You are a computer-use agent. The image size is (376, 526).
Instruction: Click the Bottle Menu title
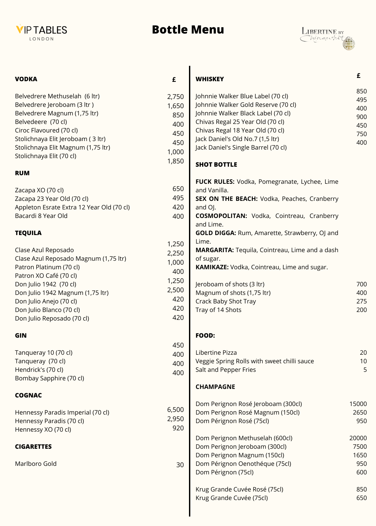188,30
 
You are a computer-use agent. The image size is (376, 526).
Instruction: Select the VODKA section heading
26,79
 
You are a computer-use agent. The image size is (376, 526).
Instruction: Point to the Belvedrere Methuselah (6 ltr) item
57,96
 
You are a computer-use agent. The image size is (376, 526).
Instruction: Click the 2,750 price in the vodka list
175,97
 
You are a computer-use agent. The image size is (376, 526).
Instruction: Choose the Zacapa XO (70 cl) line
39,190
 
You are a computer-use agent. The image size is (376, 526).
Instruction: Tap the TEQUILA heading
28,233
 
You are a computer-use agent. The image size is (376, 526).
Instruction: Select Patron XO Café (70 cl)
46,275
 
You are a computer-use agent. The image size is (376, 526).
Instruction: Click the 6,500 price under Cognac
175,410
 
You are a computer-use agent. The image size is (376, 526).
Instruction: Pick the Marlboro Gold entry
35,464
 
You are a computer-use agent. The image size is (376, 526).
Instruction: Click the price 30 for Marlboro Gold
180,465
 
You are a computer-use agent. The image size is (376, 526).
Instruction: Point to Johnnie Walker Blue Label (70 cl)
242,96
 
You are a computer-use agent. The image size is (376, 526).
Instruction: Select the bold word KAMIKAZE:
212,267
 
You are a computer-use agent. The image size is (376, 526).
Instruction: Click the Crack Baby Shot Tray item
225,301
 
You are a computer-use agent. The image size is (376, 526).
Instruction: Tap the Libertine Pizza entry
216,352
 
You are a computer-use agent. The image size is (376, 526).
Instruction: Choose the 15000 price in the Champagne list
358,404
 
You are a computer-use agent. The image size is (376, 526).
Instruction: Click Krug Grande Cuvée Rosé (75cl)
239,489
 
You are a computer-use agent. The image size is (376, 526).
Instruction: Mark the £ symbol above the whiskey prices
359,76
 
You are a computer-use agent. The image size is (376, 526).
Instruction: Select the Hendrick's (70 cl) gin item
39,370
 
